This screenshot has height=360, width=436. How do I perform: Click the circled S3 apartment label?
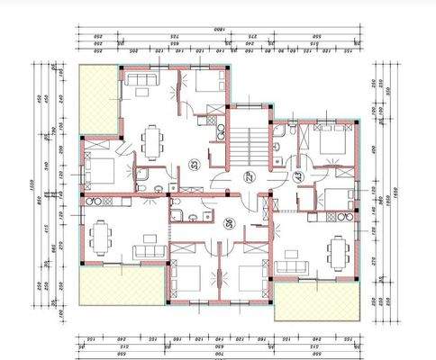(194, 165)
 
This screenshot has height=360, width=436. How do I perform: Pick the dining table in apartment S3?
(152, 140)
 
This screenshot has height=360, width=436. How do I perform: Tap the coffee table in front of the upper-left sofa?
(144, 97)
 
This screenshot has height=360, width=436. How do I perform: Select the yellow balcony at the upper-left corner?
(98, 97)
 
